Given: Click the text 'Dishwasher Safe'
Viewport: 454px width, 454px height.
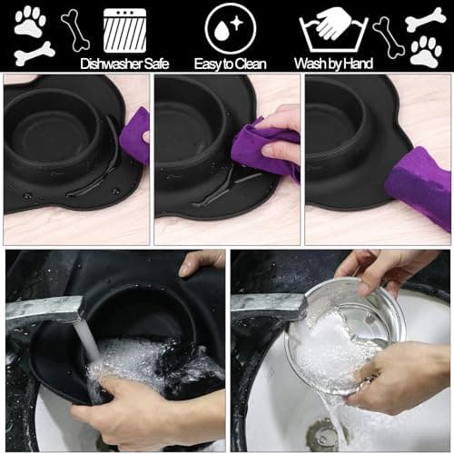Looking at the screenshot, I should tap(124, 64).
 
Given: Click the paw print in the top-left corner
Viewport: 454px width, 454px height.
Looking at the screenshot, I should tap(30, 21).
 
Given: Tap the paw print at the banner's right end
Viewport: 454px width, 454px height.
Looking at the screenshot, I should tap(425, 51).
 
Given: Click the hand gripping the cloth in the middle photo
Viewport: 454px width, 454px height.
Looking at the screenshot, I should tap(281, 136).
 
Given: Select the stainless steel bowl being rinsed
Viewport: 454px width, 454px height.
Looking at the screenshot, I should tap(354, 327).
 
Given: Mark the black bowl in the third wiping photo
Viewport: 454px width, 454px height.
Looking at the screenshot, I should tap(340, 127).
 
